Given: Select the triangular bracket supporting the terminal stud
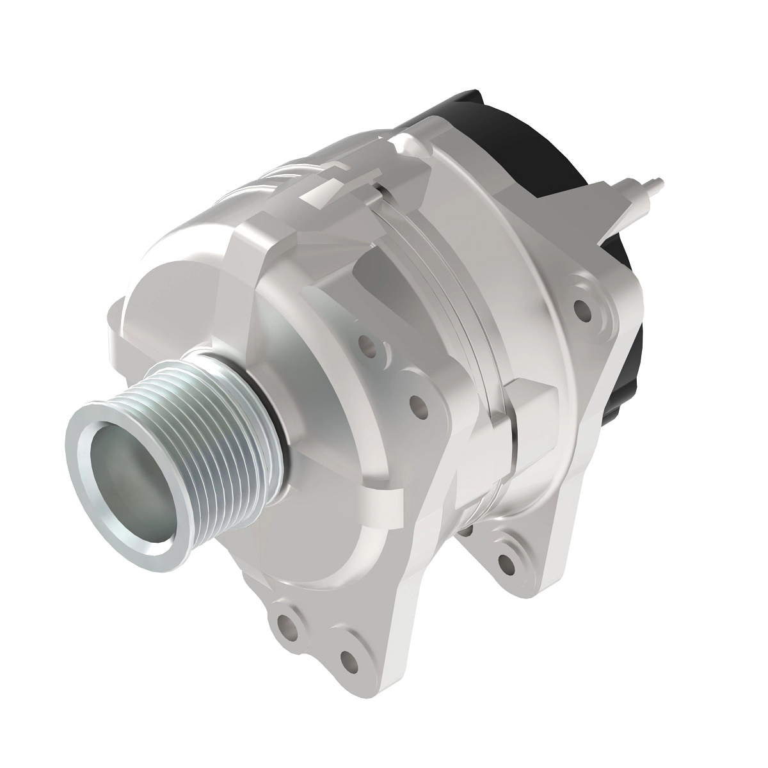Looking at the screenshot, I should pos(614,211).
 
